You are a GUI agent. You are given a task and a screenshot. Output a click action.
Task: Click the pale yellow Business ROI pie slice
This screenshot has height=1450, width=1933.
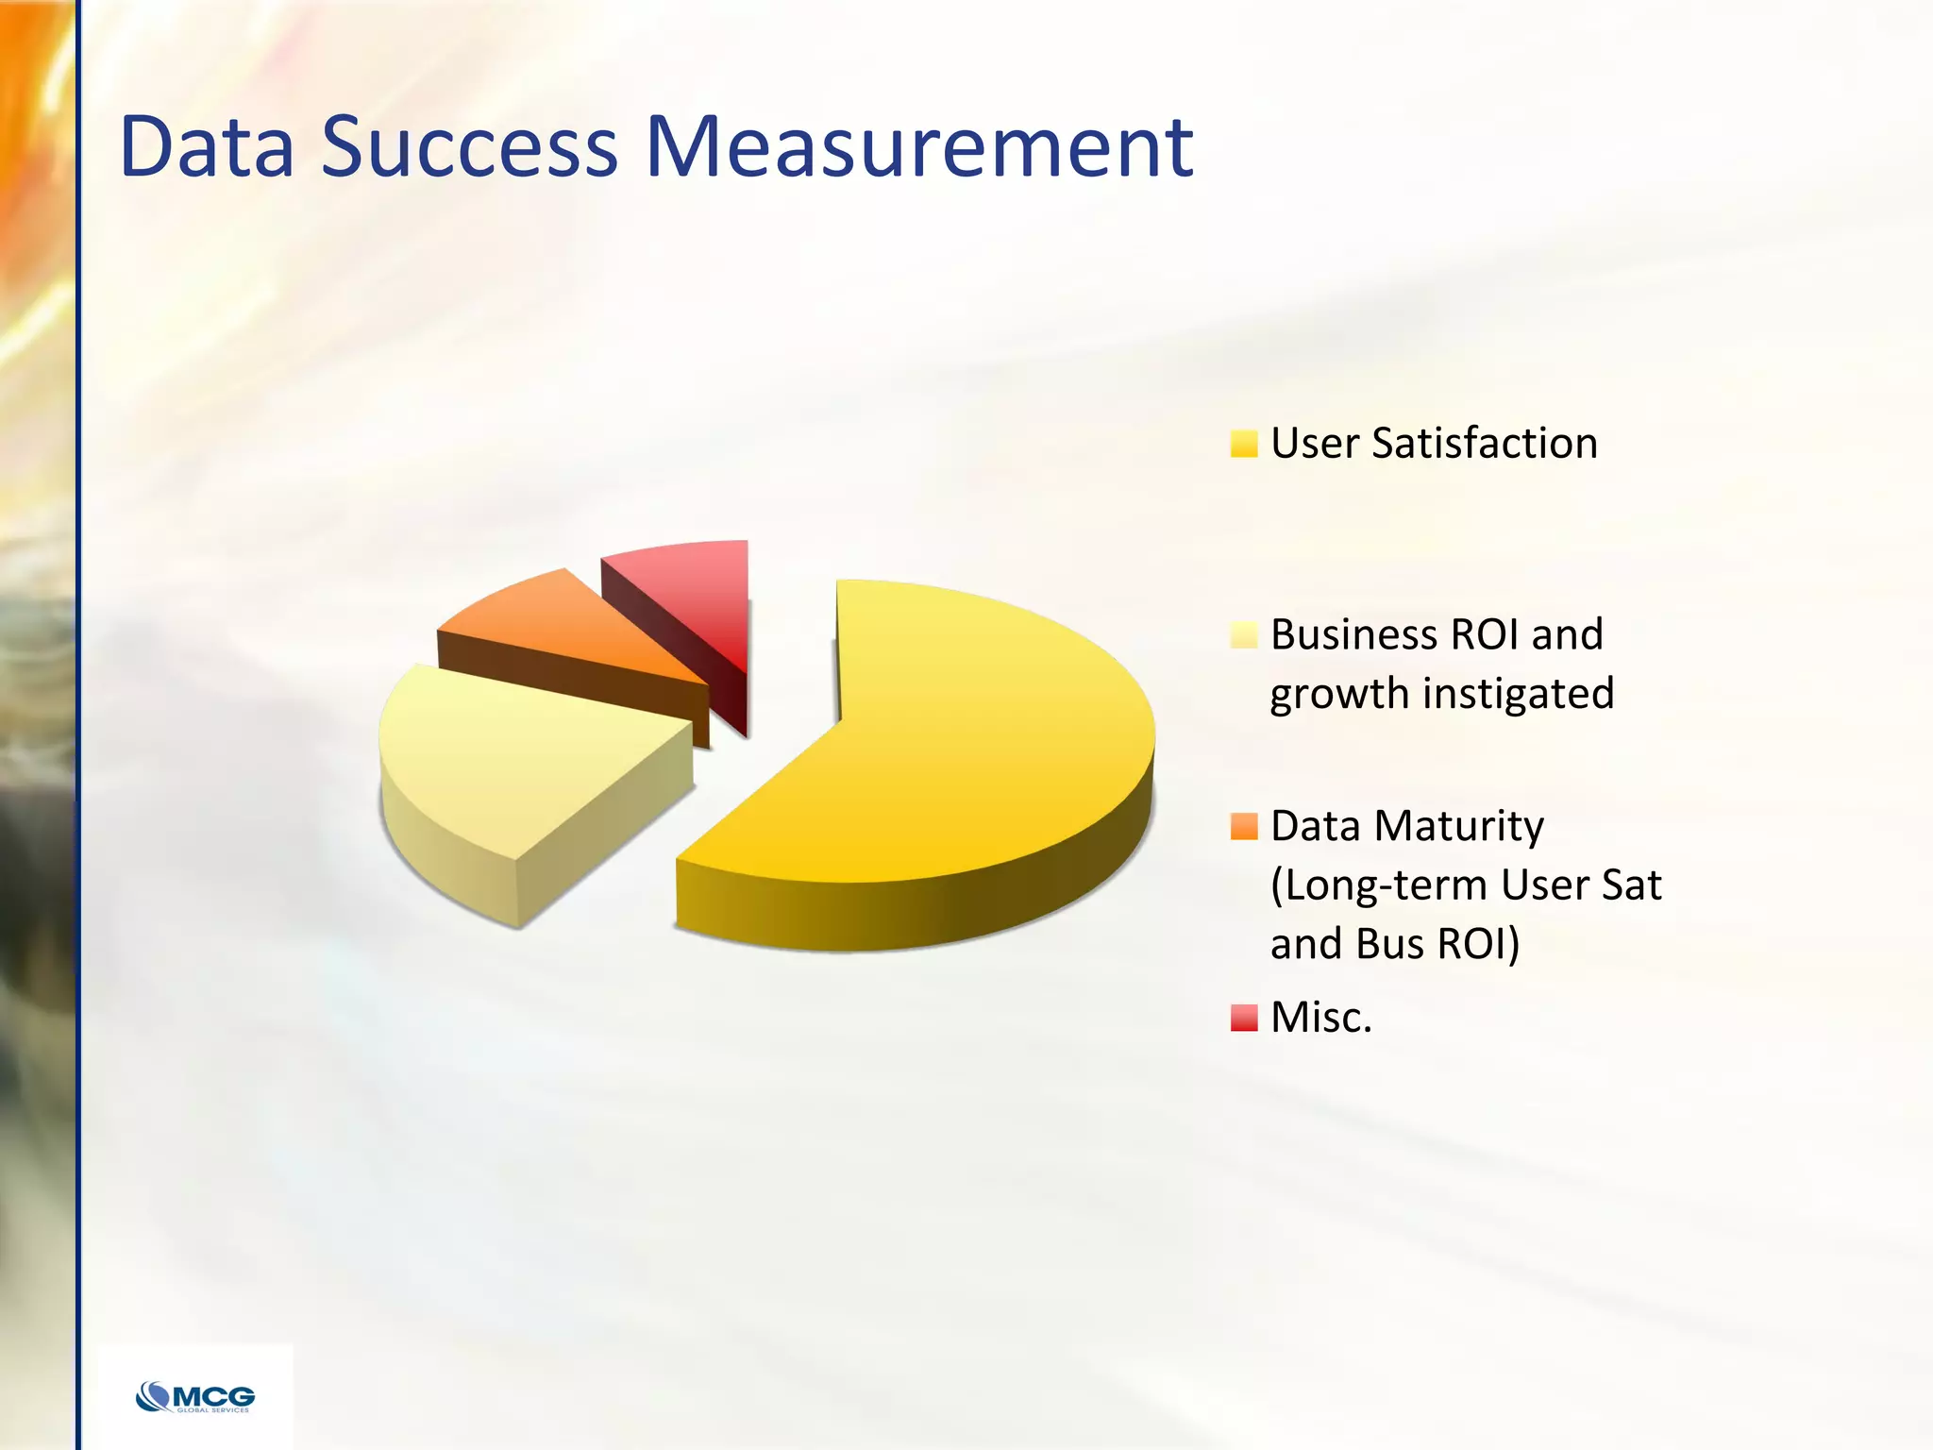[x=510, y=755]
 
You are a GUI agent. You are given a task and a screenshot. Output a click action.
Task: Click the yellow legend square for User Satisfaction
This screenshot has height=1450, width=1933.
[x=1244, y=444]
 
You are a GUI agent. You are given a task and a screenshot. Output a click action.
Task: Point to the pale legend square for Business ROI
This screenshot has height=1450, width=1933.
[x=1244, y=635]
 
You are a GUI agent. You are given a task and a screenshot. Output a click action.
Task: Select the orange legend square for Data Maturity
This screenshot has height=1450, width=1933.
[x=1244, y=827]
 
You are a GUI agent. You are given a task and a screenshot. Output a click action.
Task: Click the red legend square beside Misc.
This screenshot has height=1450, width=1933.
[x=1244, y=1018]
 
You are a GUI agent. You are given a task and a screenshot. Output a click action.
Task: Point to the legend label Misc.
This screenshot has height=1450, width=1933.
[x=1320, y=1018]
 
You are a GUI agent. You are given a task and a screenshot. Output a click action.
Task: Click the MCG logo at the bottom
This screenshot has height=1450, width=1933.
[x=195, y=1396]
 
